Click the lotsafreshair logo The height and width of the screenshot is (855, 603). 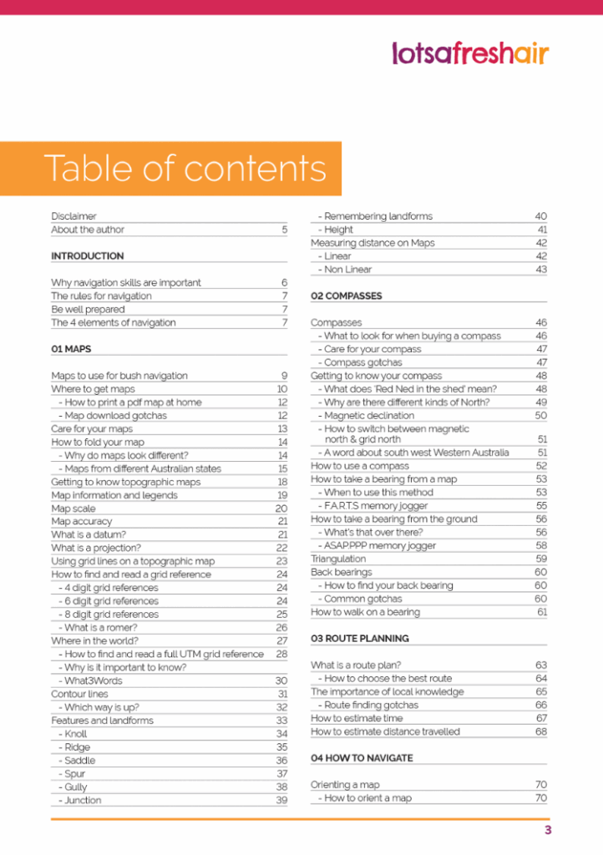point(470,53)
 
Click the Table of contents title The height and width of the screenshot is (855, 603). point(185,168)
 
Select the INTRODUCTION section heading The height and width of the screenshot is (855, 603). point(87,256)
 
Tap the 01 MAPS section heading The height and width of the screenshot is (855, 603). point(71,349)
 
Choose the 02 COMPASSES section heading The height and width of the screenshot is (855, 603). point(346,296)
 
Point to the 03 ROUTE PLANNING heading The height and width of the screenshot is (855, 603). point(359,639)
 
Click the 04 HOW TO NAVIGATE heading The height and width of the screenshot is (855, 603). point(362,758)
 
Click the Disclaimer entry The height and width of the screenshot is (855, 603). point(73,216)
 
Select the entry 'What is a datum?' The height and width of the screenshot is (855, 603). point(89,534)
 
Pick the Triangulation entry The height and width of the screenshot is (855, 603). point(338,559)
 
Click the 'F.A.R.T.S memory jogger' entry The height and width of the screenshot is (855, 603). point(376,506)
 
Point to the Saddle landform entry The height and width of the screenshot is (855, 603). point(80,761)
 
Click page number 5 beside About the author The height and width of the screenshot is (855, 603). point(284,230)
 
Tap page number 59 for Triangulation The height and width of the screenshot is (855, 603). point(541,559)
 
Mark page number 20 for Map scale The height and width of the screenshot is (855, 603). point(281,508)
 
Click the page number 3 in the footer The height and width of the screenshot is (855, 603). point(547,831)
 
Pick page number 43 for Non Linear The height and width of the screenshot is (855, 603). point(541,270)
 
